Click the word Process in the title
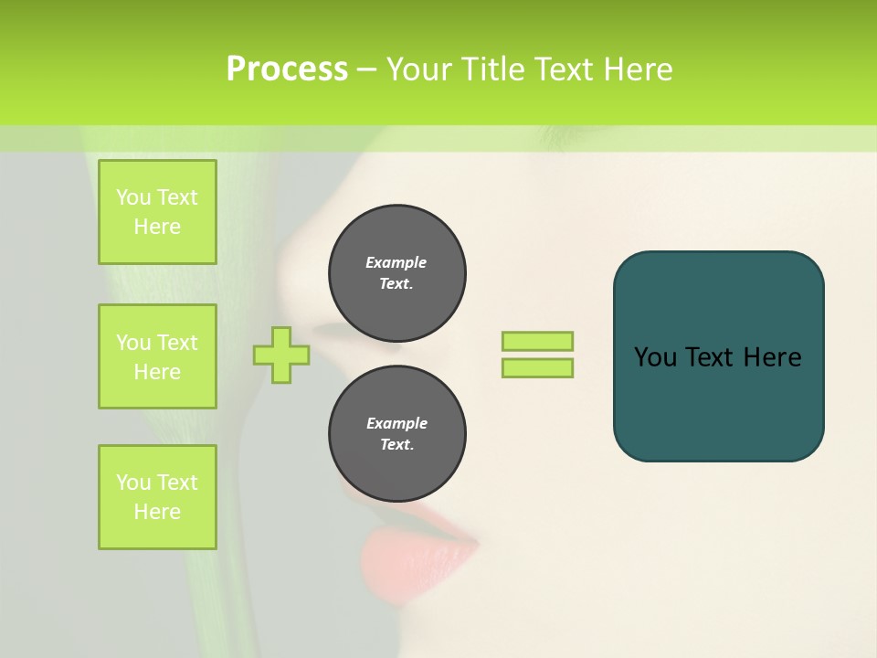tap(287, 69)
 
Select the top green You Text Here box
tap(157, 212)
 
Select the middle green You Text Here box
tap(157, 356)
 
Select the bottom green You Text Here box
tap(157, 497)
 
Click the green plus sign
tap(280, 355)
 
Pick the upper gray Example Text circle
tap(397, 273)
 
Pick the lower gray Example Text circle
tap(397, 434)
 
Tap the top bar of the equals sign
tap(537, 342)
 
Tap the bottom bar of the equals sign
tap(537, 368)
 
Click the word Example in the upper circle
tap(396, 262)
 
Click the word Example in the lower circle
tap(396, 423)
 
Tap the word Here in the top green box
tap(157, 227)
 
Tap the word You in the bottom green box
tap(132, 483)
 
